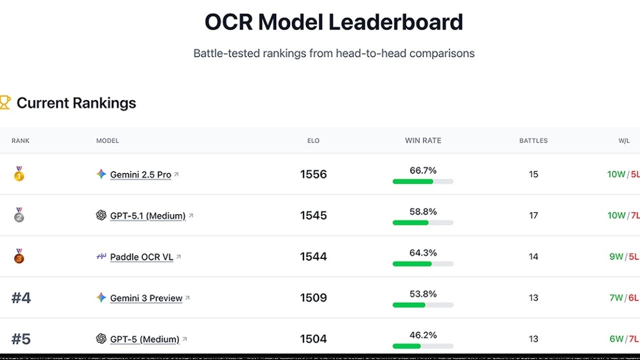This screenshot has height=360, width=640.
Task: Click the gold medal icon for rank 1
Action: pos(19,174)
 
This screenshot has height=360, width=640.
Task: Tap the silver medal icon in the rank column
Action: pos(19,215)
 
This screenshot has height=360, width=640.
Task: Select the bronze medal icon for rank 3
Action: pos(19,256)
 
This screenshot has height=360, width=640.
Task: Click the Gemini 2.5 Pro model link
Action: pos(140,174)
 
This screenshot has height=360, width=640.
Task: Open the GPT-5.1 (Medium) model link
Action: pos(147,215)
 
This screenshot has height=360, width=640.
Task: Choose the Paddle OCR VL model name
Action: pos(141,257)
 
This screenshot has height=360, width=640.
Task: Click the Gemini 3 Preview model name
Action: pos(146,298)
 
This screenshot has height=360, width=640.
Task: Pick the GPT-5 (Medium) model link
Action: pos(144,339)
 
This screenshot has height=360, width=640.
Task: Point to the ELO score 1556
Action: pos(313,174)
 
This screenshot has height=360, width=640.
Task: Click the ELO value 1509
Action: pos(313,298)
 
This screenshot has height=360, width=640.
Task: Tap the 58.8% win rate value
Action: pos(423,212)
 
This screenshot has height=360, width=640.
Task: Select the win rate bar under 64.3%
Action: pos(423,263)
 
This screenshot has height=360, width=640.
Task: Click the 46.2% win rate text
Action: pos(423,335)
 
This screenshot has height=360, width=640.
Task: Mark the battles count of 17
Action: pos(533,215)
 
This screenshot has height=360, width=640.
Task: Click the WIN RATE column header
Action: pos(423,140)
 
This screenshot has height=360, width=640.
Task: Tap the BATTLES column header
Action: pos(533,140)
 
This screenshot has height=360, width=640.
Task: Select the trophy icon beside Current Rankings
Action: pos(5,102)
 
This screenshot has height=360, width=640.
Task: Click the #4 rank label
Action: pos(21,298)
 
